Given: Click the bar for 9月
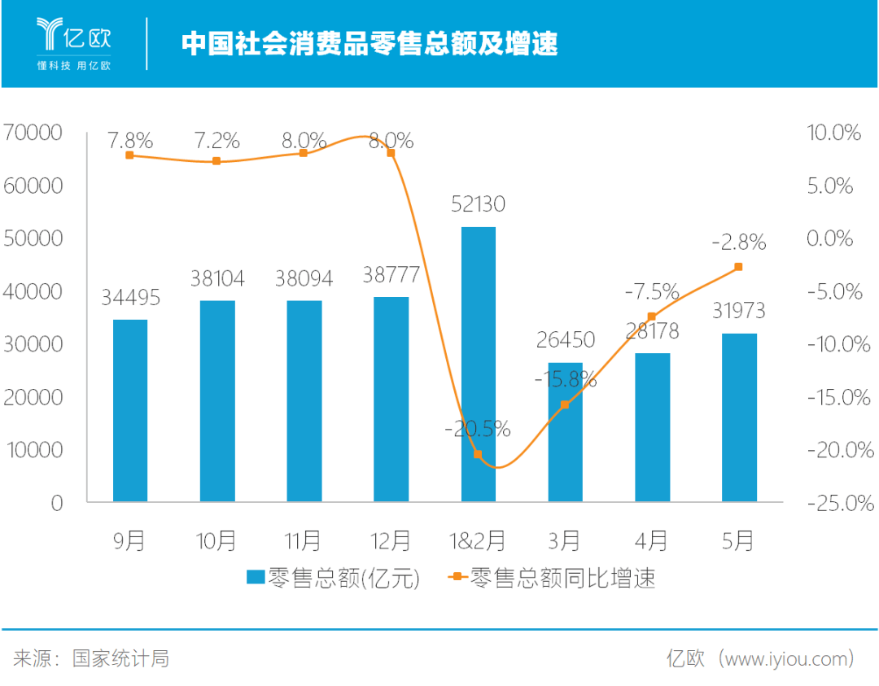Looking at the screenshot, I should coord(130,410).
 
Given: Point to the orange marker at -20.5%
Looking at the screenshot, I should coord(478,454).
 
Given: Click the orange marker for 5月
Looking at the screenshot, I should coord(738,267).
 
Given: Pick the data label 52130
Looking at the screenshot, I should coord(478,203).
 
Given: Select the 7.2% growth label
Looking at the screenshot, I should coord(217,140).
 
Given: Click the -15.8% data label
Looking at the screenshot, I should coord(565,379).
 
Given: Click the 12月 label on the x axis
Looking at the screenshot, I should coord(391,540).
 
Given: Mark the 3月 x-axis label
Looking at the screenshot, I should coord(565,540).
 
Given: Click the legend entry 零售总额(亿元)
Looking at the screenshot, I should coord(334,578).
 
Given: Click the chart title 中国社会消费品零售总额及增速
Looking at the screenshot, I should coord(370,43).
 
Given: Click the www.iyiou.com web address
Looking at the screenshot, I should coord(789,658).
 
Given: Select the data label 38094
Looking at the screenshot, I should coord(304,279).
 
